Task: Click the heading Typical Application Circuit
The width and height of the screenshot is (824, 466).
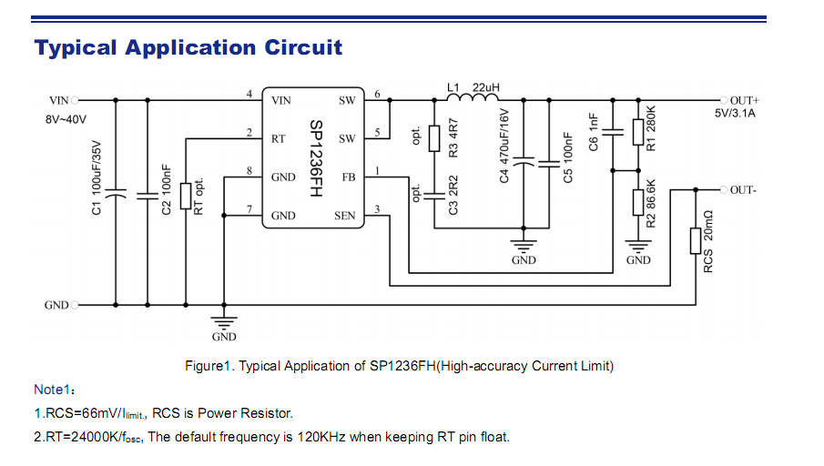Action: (x=188, y=47)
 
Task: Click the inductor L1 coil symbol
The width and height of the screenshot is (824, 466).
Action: (x=473, y=97)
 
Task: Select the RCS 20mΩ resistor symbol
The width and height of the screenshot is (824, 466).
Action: (x=696, y=240)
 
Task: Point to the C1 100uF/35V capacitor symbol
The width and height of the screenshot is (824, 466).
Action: (x=116, y=194)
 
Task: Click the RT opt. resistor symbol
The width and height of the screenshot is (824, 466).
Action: (x=185, y=196)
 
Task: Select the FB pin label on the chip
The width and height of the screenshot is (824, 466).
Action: (x=348, y=177)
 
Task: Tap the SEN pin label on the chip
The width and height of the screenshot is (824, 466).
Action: (x=345, y=216)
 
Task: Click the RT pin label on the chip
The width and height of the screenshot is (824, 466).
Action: (x=279, y=139)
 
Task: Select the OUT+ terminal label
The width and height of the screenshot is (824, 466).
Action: (x=744, y=99)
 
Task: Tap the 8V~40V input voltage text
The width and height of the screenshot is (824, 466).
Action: (x=67, y=119)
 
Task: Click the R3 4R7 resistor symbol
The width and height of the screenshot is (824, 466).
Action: (x=433, y=137)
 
